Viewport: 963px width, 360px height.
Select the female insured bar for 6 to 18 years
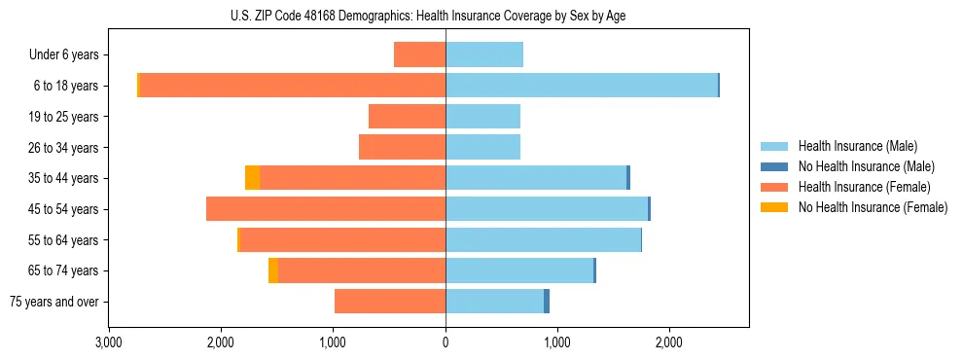292,86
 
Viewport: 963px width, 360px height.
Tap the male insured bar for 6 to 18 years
581,86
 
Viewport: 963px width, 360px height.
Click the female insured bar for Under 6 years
419,54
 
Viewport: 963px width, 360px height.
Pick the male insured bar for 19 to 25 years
482,117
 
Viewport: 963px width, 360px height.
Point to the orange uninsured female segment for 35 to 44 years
252,178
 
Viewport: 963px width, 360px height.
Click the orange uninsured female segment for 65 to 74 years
273,270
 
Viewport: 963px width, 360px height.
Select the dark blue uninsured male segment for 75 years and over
547,302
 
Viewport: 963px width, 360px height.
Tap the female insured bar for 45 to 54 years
326,209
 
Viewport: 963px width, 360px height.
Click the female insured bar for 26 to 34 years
402,147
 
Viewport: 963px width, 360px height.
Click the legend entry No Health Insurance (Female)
873,207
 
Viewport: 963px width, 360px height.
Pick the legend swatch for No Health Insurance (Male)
774,166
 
